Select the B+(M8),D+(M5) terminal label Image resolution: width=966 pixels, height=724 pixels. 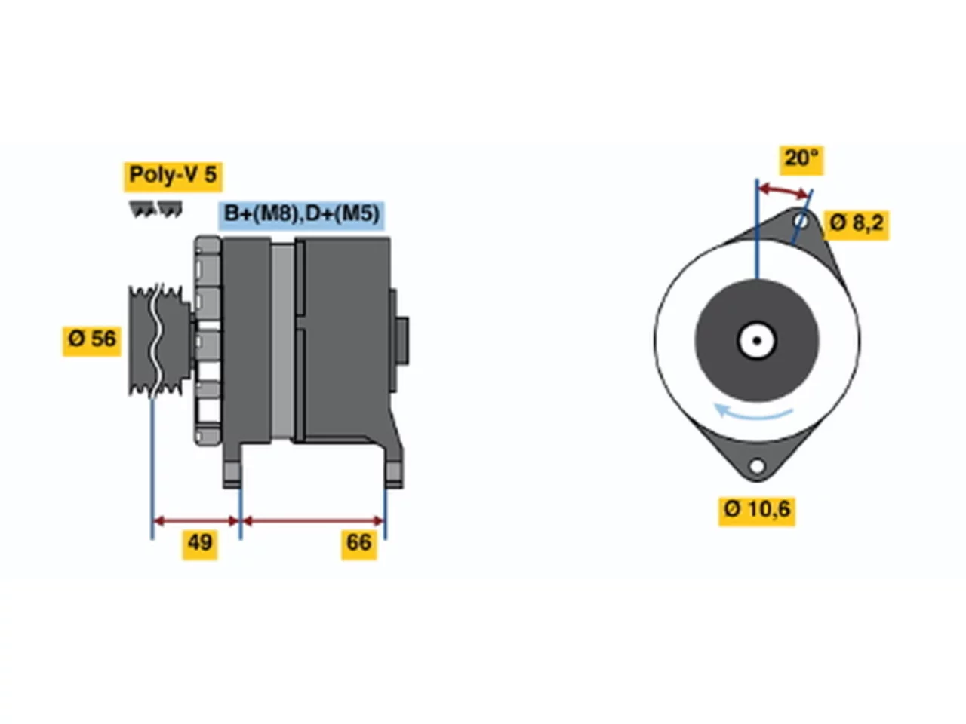pos(301,214)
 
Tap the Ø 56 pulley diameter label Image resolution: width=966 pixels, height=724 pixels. pos(91,339)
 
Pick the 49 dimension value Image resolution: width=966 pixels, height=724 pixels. pos(200,542)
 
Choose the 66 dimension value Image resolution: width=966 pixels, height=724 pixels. pos(358,542)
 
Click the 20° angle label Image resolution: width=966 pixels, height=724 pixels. pos(801,158)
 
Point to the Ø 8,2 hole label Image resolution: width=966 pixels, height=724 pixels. pos(856,223)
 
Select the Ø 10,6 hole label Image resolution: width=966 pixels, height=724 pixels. pos(757,510)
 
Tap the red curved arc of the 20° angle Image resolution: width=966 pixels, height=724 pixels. pos(784,191)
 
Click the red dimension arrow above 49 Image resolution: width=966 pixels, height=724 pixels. pos(196,521)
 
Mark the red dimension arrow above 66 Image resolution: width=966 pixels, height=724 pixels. pos(313,521)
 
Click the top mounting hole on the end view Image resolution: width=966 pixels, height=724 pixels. pos(801,222)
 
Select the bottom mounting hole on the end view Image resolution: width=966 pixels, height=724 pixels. pos(757,465)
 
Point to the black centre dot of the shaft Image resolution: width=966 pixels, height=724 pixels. pos(757,341)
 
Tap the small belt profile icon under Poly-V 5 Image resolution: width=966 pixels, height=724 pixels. pos(155,209)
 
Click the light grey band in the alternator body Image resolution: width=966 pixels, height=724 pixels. pos(282,341)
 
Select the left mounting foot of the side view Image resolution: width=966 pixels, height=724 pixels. pos(232,473)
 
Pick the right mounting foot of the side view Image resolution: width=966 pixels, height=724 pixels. pos(393,473)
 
